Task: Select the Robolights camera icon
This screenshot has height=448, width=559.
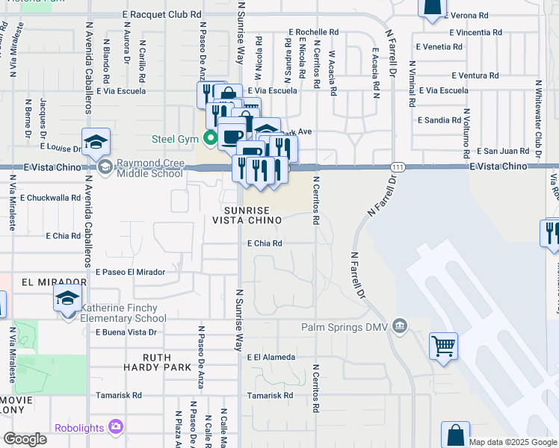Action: coord(116,427)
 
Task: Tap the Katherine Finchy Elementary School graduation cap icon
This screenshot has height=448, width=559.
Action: coord(67,299)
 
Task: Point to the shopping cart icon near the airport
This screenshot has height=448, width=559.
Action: coord(444,346)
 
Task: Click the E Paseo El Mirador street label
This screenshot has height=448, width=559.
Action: coord(129,272)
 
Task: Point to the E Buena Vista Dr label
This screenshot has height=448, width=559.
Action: coord(126,332)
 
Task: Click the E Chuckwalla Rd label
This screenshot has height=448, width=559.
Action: coord(50,198)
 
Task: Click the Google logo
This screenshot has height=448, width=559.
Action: coord(25,439)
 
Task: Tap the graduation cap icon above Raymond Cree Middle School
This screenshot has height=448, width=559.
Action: coord(96,141)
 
